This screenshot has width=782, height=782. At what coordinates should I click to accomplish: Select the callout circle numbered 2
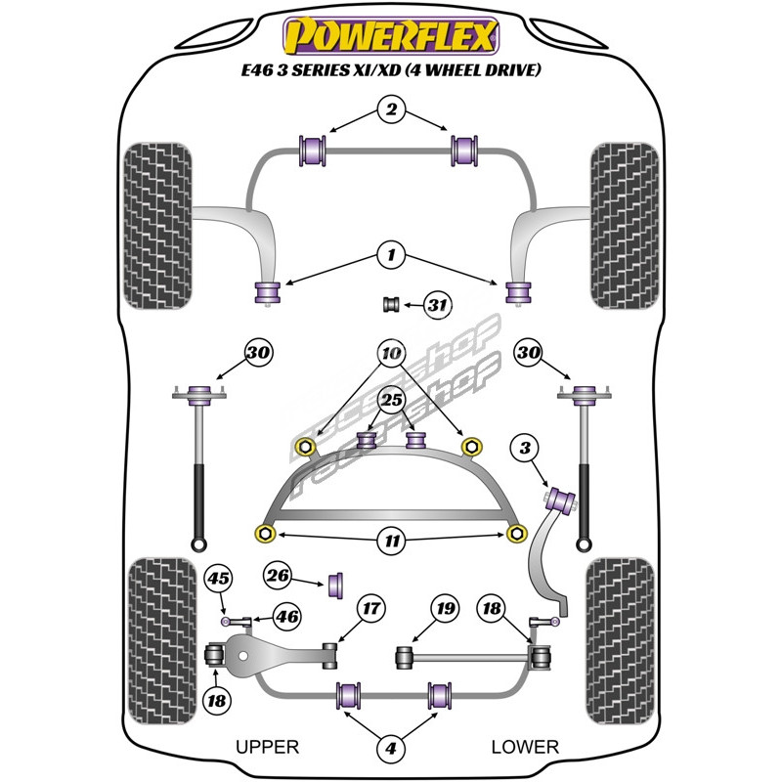click(390, 110)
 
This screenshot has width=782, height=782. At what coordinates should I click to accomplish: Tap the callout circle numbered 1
click(390, 257)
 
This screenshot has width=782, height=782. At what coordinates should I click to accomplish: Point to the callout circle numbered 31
click(436, 306)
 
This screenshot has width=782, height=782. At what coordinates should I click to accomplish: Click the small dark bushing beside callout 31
click(392, 304)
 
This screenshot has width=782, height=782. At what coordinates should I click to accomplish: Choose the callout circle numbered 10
click(390, 352)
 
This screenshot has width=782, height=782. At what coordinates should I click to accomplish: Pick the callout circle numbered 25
click(391, 399)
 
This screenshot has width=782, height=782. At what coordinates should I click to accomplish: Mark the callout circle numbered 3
click(526, 449)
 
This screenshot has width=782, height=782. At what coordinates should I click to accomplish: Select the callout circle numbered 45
click(218, 580)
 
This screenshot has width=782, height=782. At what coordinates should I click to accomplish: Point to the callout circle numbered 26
click(279, 576)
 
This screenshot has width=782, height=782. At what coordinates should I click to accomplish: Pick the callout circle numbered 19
click(446, 609)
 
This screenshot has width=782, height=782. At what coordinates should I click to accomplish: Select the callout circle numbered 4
click(390, 750)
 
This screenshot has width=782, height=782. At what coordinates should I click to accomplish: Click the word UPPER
click(267, 747)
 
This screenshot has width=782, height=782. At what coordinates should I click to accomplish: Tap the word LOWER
click(525, 747)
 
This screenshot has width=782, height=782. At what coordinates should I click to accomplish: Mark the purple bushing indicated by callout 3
click(562, 498)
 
